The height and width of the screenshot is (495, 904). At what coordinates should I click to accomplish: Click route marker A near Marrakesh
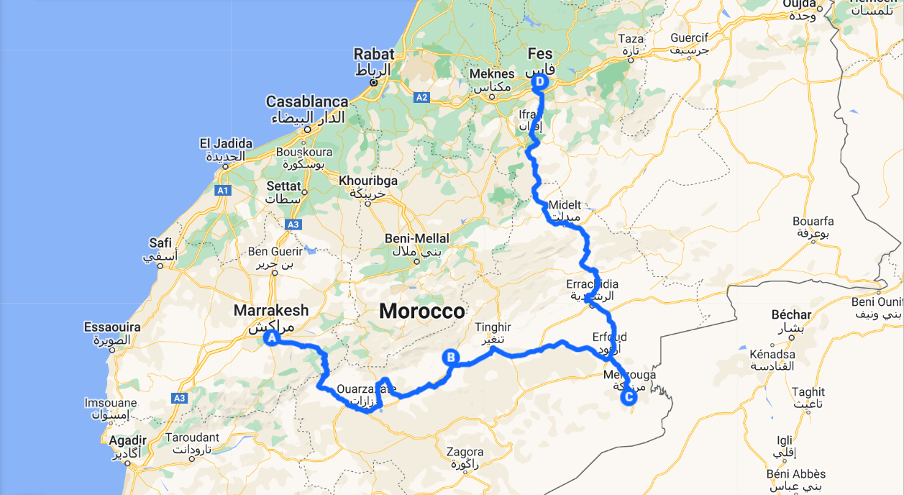coord(272,337)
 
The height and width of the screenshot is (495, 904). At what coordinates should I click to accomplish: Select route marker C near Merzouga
coord(629,396)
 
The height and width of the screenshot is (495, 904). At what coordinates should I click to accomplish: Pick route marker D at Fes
coord(540,82)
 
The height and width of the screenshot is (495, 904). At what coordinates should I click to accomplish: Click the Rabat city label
coord(374,54)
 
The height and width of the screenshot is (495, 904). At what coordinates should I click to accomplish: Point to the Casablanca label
coord(307,101)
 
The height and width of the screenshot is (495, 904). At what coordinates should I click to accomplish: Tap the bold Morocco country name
coord(422,312)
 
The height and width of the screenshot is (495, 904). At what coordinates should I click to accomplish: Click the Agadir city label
coord(129,440)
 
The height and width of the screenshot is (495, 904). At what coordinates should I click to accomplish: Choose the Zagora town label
coord(465,452)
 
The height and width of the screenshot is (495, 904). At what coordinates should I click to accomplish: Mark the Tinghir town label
coord(493,327)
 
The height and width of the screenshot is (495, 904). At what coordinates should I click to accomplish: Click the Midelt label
coord(565,205)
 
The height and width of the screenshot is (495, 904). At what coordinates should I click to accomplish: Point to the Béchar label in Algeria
coord(791,314)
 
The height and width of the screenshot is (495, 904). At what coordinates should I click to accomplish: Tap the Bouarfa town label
coord(813,221)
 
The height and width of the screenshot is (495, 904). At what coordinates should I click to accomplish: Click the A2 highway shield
coord(421,97)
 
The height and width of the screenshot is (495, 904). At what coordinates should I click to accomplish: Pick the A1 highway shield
coord(223,190)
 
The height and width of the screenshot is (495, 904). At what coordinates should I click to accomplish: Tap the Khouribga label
coord(368,181)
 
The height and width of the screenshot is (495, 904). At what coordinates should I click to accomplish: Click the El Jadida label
coord(226,144)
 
